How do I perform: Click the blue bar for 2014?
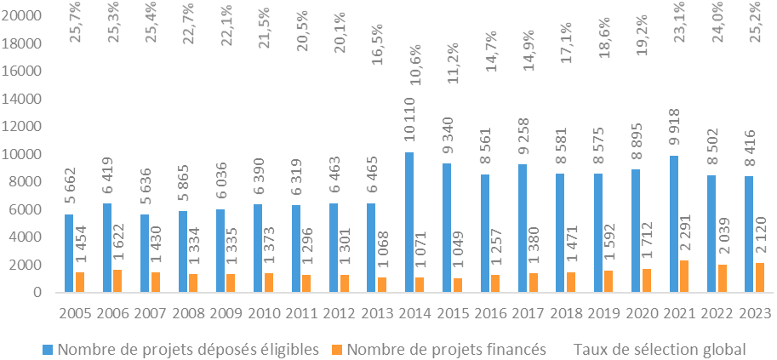click(x=410, y=222)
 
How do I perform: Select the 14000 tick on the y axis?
click(x=29, y=99)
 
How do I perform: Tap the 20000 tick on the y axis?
click(x=29, y=16)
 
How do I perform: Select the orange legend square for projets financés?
click(x=337, y=349)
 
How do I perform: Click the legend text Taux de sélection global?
click(x=660, y=349)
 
